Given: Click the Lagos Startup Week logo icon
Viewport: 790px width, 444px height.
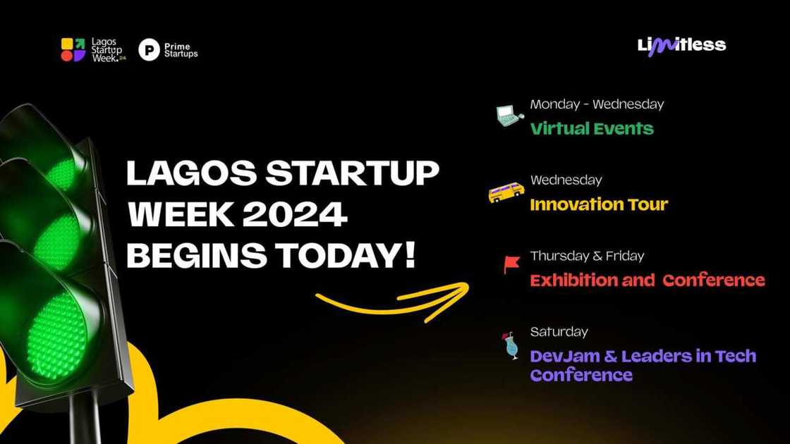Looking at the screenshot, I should (x=73, y=50).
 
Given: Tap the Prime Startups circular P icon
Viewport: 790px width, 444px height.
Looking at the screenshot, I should (x=149, y=50).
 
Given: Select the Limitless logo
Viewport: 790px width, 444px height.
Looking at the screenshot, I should (x=681, y=46).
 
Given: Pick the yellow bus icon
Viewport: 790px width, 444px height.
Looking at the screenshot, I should (x=506, y=192).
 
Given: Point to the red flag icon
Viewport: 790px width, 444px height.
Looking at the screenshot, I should (x=511, y=264).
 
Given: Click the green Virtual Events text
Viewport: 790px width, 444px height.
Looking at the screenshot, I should (x=592, y=129).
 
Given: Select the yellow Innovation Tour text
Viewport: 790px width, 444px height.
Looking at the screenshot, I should (x=599, y=205).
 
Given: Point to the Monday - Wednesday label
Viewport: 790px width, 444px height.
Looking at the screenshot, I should (x=597, y=104).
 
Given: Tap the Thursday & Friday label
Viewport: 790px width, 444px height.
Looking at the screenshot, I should (x=587, y=256).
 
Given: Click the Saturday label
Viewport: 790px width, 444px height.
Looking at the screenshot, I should (x=559, y=332).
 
